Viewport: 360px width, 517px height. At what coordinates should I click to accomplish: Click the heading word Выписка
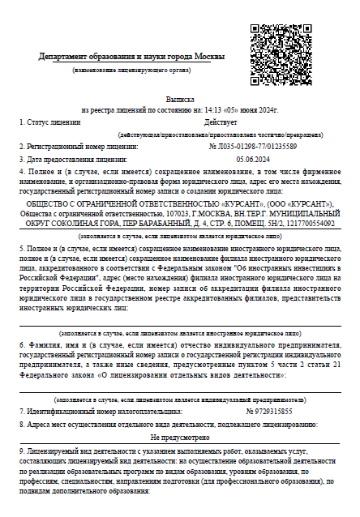click(180, 96)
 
